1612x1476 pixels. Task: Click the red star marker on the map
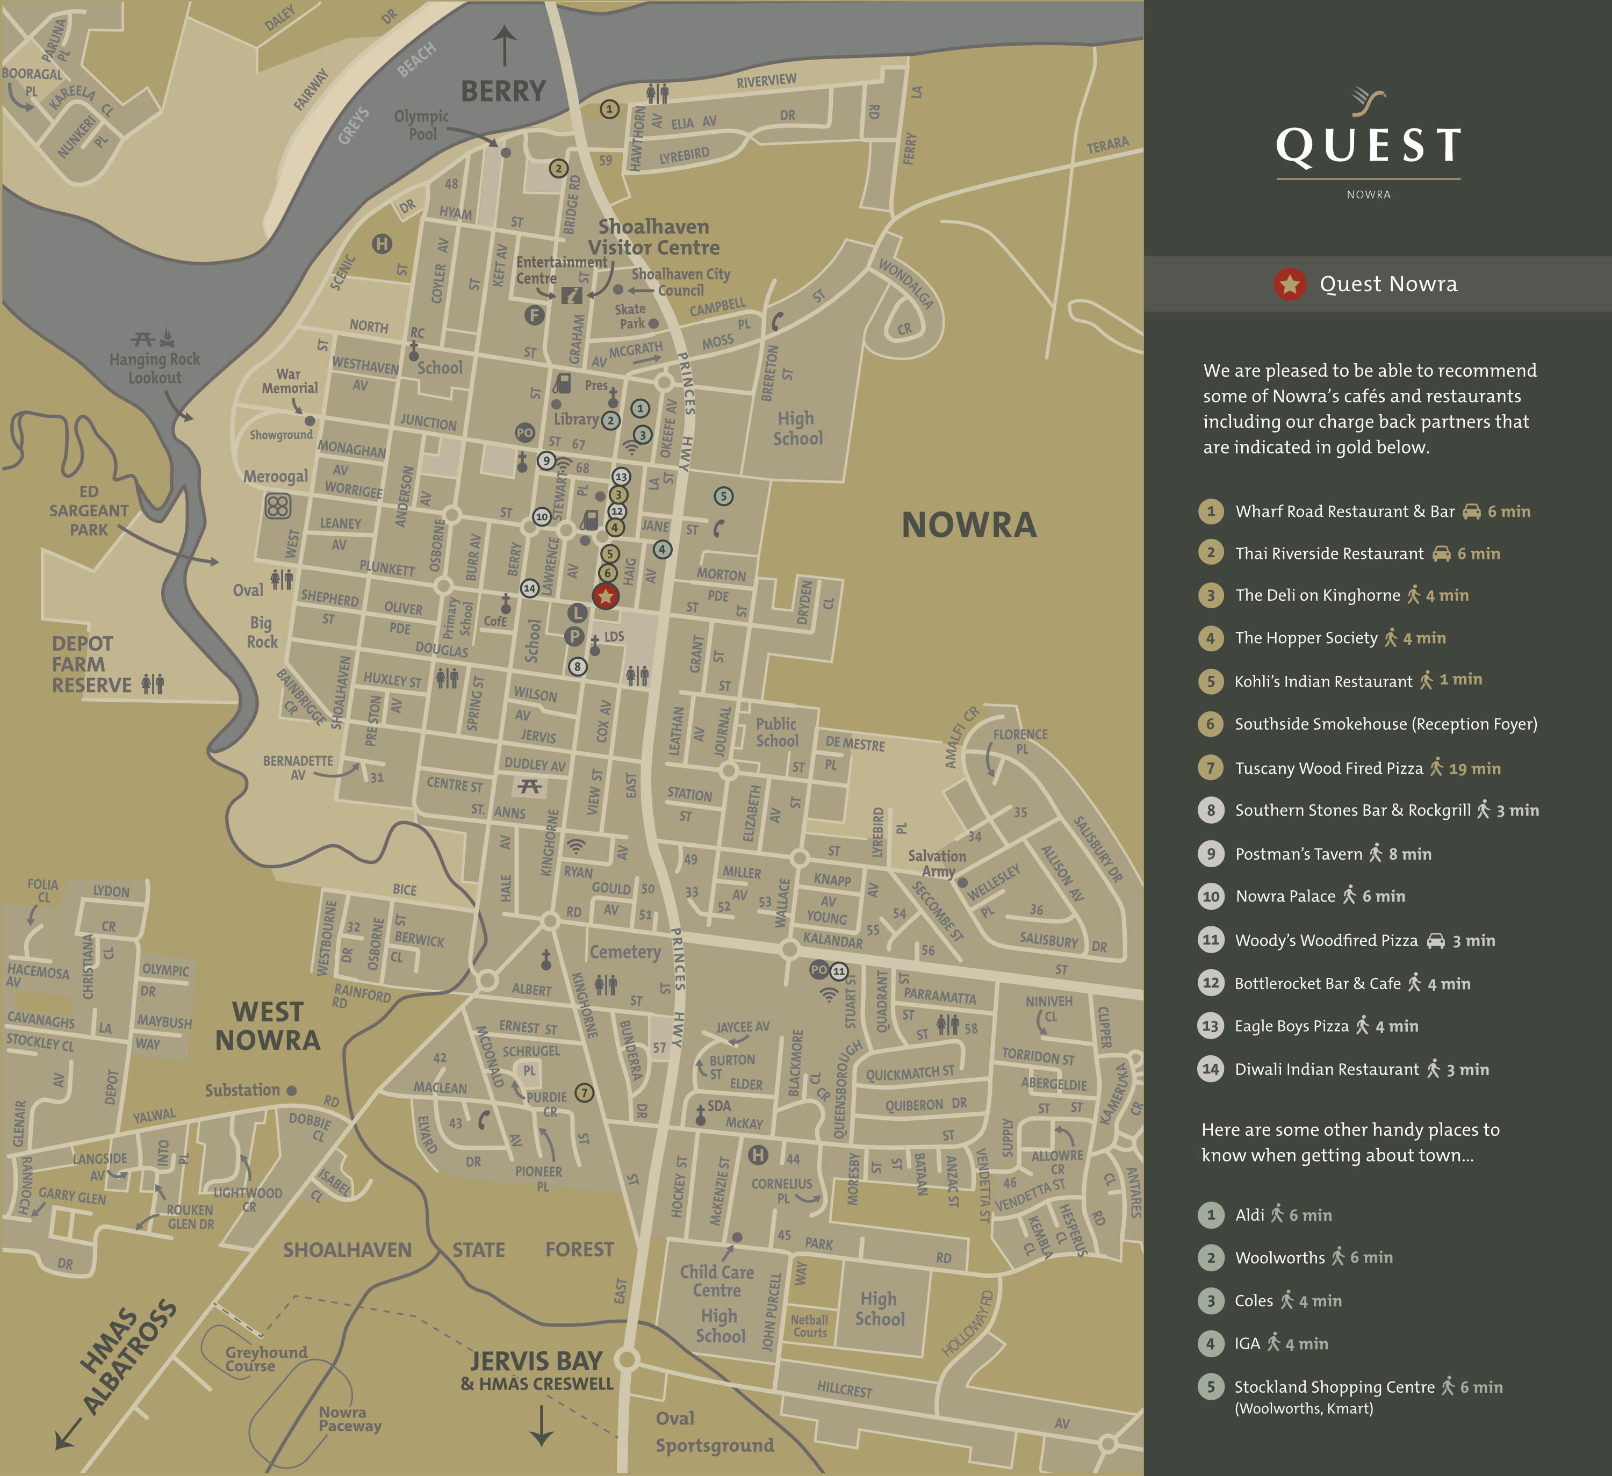605,596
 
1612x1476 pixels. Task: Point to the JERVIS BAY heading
536,1361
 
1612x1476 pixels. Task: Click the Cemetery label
625,952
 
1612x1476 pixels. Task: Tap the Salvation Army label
937,863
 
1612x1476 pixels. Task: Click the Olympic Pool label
421,125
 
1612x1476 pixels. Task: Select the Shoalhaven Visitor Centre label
653,236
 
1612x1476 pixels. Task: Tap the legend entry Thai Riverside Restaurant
1329,553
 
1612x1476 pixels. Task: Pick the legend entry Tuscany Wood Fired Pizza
1328,768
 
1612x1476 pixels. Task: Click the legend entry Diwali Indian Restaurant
1327,1069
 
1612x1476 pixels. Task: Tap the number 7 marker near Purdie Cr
585,1092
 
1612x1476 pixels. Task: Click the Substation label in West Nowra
242,1090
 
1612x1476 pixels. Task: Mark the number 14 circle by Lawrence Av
529,588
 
